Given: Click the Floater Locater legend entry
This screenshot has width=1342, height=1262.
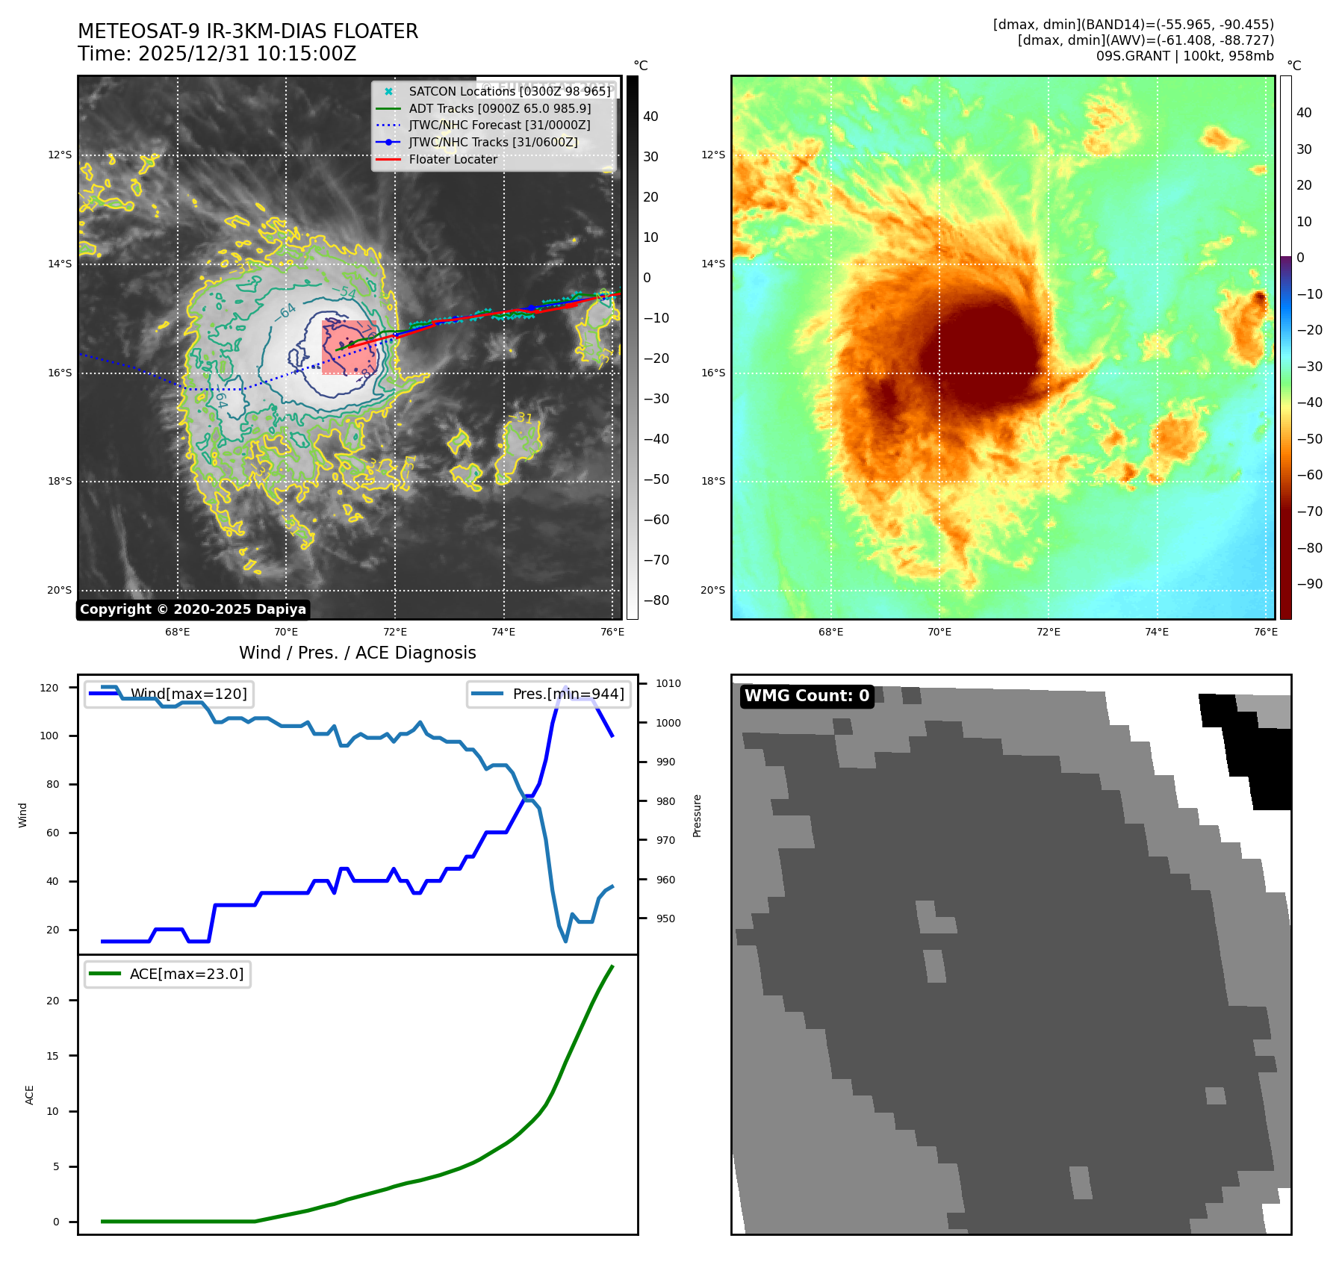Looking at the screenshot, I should pyautogui.click(x=453, y=160).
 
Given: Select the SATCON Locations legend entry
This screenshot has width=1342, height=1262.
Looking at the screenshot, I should pyautogui.click(x=509, y=91).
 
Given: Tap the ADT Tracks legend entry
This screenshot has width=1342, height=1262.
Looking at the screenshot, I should pyautogui.click(x=500, y=108).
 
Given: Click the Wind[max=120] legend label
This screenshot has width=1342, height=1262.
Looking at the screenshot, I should pyautogui.click(x=188, y=694).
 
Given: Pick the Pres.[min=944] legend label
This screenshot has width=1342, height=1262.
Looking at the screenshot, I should pyautogui.click(x=568, y=694).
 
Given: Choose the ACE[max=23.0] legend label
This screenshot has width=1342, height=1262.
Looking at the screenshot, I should pyautogui.click(x=187, y=974).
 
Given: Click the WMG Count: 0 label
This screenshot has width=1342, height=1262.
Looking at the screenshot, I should pyautogui.click(x=807, y=696).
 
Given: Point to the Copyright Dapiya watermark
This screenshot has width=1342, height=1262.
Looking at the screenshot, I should pyautogui.click(x=193, y=609).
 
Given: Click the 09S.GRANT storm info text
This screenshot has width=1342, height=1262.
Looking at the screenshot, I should pyautogui.click(x=1184, y=56).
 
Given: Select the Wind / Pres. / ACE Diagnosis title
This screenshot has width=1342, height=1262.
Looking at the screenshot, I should pyautogui.click(x=357, y=653).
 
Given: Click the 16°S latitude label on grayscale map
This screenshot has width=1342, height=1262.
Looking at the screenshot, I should pyautogui.click(x=60, y=373).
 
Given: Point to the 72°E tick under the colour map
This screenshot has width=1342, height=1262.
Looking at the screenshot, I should pyautogui.click(x=1048, y=632).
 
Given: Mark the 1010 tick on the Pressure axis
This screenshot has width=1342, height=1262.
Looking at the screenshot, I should pyautogui.click(x=668, y=683).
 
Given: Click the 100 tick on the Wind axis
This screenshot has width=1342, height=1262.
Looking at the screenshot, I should pyautogui.click(x=49, y=736).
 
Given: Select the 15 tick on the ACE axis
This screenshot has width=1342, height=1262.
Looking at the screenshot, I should pyautogui.click(x=52, y=1056).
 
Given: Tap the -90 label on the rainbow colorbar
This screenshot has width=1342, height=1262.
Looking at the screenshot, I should pyautogui.click(x=1309, y=584).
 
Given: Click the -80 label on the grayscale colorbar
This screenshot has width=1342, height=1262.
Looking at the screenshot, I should pyautogui.click(x=656, y=600).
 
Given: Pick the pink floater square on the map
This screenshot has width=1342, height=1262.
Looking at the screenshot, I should pyautogui.click(x=349, y=347).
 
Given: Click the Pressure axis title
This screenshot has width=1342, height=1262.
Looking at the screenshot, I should pyautogui.click(x=697, y=815).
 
